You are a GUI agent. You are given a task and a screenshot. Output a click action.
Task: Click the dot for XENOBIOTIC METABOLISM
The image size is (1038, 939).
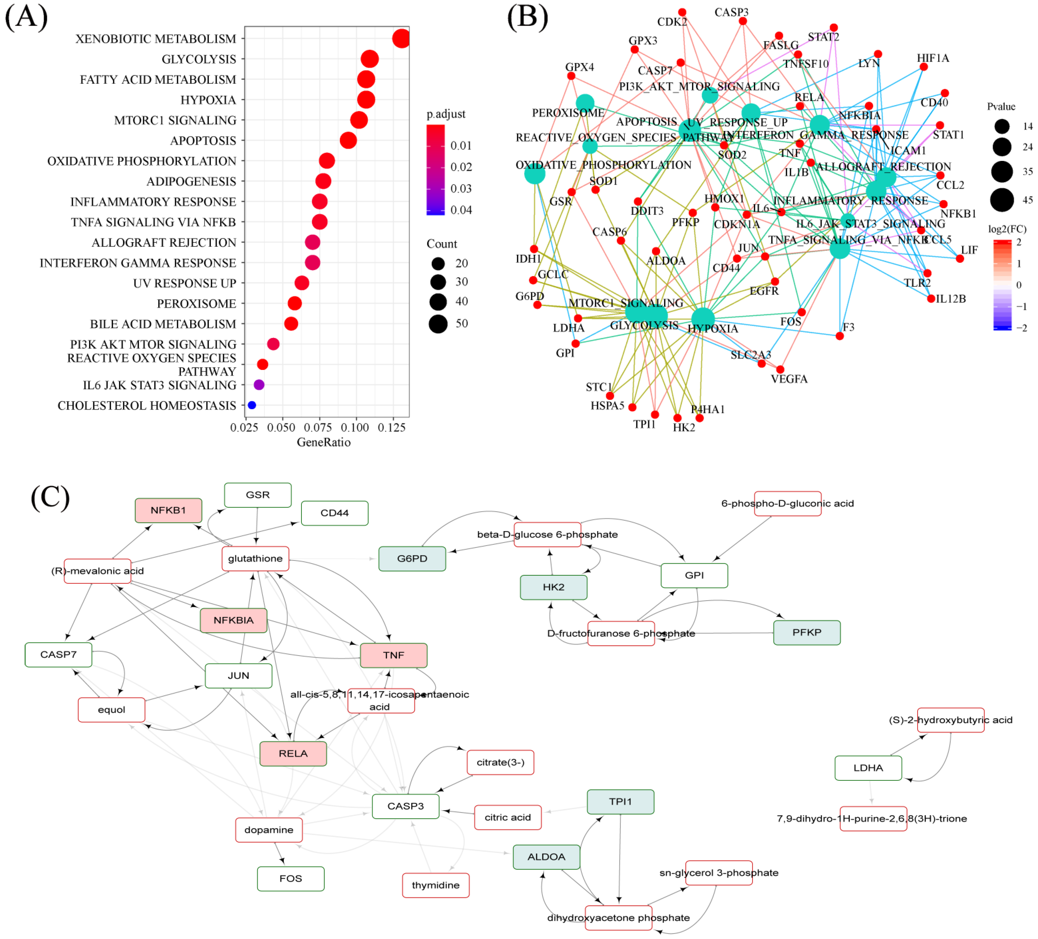(401, 39)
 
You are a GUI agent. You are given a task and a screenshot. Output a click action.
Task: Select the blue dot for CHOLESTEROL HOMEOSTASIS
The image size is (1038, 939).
(252, 405)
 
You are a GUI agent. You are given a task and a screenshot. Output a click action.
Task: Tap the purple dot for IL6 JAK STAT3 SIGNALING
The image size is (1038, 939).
(259, 385)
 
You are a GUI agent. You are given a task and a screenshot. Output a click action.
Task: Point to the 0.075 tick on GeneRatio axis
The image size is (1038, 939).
(318, 428)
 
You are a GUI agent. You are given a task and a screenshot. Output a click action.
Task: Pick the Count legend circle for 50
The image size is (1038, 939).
(438, 324)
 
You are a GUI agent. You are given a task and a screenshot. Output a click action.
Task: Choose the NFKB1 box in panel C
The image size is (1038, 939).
(168, 510)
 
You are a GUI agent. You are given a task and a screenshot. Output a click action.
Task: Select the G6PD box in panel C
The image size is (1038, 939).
(412, 559)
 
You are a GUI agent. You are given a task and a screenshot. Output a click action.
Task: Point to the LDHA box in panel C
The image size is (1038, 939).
(868, 768)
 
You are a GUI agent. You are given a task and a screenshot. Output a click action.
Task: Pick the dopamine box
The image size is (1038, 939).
(269, 830)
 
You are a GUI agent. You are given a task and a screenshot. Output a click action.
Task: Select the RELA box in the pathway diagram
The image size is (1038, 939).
(293, 754)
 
